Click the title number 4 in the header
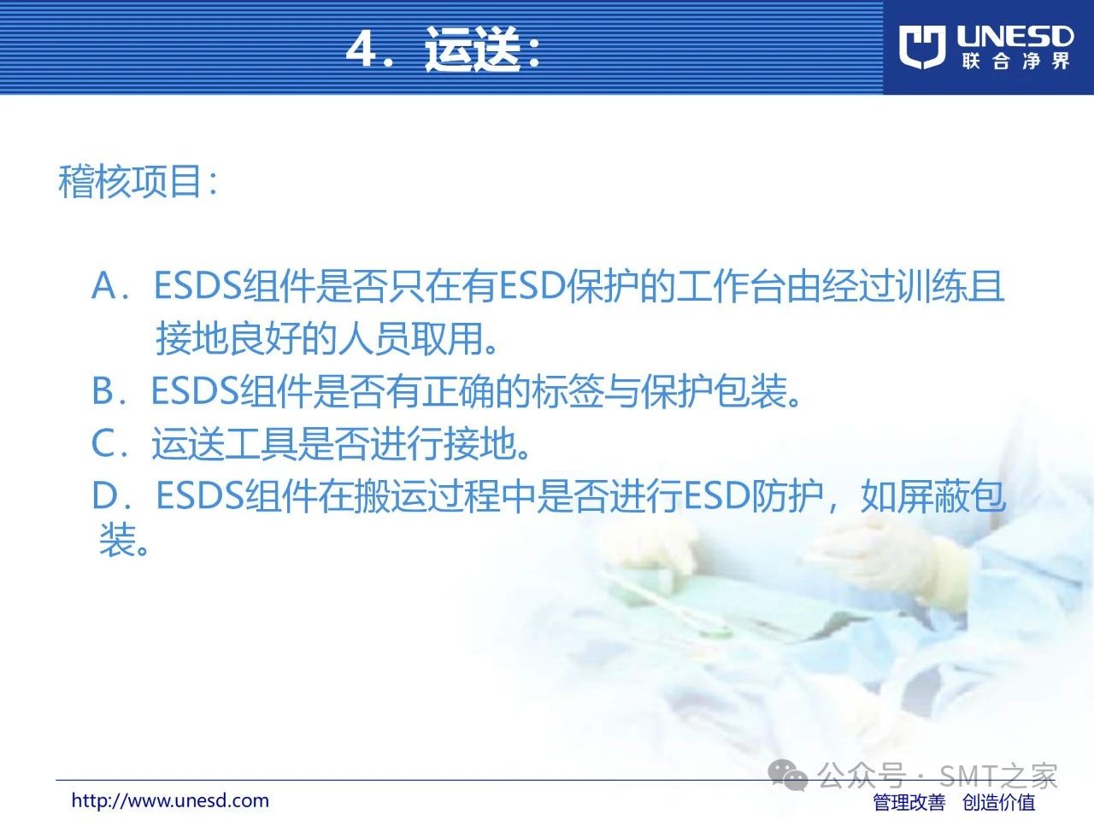pyautogui.click(x=361, y=50)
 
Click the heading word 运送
pyautogui.click(x=472, y=49)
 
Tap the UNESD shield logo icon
pyautogui.click(x=922, y=47)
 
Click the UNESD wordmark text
pyautogui.click(x=1015, y=37)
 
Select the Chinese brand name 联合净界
pyautogui.click(x=1015, y=61)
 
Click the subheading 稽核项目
pyautogui.click(x=130, y=181)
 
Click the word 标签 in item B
pyautogui.click(x=568, y=391)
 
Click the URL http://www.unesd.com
pyautogui.click(x=170, y=800)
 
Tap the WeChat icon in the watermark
pyautogui.click(x=787, y=775)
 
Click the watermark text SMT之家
pyautogui.click(x=997, y=776)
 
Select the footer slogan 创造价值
pyautogui.click(x=998, y=802)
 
